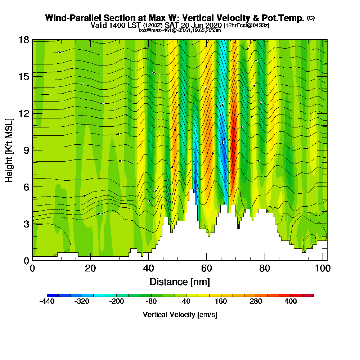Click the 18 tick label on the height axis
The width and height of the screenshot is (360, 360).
point(24,40)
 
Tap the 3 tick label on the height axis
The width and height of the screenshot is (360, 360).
point(26,224)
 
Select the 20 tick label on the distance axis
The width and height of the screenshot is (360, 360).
point(90,268)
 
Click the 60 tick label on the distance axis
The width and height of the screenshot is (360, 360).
point(206,268)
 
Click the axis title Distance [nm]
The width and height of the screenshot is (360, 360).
point(180,282)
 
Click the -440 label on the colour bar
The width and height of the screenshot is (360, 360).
point(47,302)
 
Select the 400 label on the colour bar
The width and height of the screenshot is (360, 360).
point(291,302)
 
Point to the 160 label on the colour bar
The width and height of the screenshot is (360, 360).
point(221,302)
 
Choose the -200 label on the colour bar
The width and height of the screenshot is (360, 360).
point(116,302)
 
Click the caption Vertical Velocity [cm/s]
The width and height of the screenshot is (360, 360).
point(180,315)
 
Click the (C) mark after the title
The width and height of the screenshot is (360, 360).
point(311,18)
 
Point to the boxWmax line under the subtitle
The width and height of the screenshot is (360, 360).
point(180,30)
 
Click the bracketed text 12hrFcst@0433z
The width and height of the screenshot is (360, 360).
point(247,26)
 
